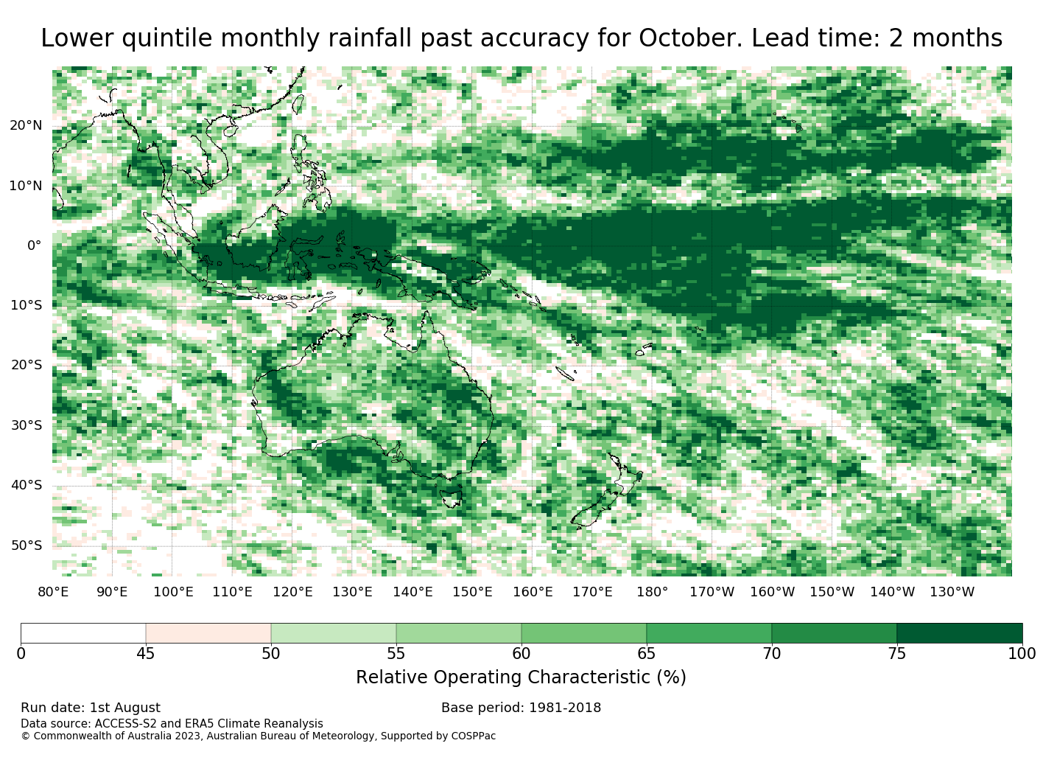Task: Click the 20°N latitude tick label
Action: pos(26,125)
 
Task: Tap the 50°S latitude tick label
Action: pos(27,545)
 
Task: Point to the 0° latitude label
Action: pos(35,245)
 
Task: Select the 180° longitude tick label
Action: pos(652,592)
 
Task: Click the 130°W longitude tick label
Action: pos(952,592)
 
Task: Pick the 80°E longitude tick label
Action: pos(53,592)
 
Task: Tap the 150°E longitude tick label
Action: pos(472,592)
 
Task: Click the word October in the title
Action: pos(690,38)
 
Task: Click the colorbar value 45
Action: pos(146,654)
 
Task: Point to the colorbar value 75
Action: pos(896,654)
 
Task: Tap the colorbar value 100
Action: pos(1022,654)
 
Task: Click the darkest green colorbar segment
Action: pos(959,633)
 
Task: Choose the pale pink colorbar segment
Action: pos(208,633)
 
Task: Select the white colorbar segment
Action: pos(83,633)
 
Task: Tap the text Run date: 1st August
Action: pos(91,708)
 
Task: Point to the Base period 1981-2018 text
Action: pos(521,708)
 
